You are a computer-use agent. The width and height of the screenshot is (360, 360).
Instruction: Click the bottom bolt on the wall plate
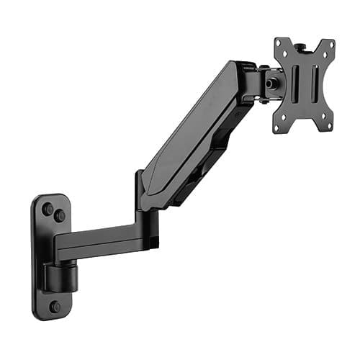pyautogui.click(x=55, y=306)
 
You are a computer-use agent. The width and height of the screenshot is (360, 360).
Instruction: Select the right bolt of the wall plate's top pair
pyautogui.click(x=60, y=215)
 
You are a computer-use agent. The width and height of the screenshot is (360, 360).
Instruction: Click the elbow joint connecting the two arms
pyautogui.click(x=141, y=194)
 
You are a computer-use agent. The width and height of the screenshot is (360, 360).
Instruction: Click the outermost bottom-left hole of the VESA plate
pyautogui.click(x=277, y=127)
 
